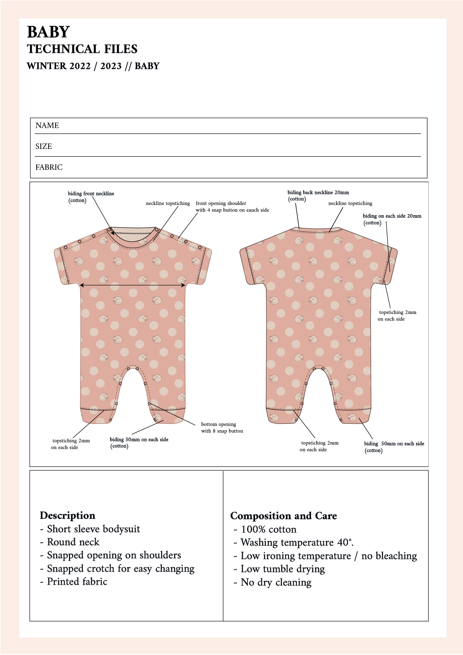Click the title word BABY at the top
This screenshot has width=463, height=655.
coord(48,32)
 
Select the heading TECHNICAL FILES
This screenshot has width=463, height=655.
coord(82,49)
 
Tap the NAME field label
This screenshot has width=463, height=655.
coord(47,125)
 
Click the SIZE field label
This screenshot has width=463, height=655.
coord(44,146)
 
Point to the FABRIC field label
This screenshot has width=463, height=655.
coord(49,167)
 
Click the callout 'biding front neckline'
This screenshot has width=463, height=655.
coord(91,194)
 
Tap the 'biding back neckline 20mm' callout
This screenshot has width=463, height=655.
coord(318,193)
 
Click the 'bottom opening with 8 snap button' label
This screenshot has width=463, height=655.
coord(222,428)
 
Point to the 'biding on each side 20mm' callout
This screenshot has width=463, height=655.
coord(392,216)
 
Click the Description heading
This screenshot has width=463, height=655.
coord(68,515)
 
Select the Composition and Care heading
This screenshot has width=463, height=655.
coord(284,516)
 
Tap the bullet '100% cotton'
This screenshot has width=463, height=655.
coord(269,529)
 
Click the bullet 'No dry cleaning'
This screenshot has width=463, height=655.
coord(276,582)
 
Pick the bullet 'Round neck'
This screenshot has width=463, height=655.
coord(73,542)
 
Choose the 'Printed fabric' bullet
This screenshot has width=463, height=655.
coord(77,581)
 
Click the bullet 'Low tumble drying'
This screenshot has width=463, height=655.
coord(282,569)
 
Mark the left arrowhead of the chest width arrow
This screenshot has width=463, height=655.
coord(82,285)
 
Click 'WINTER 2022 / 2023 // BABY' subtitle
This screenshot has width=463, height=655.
coord(93,66)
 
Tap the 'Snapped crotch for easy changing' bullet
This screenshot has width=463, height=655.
coord(120,568)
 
